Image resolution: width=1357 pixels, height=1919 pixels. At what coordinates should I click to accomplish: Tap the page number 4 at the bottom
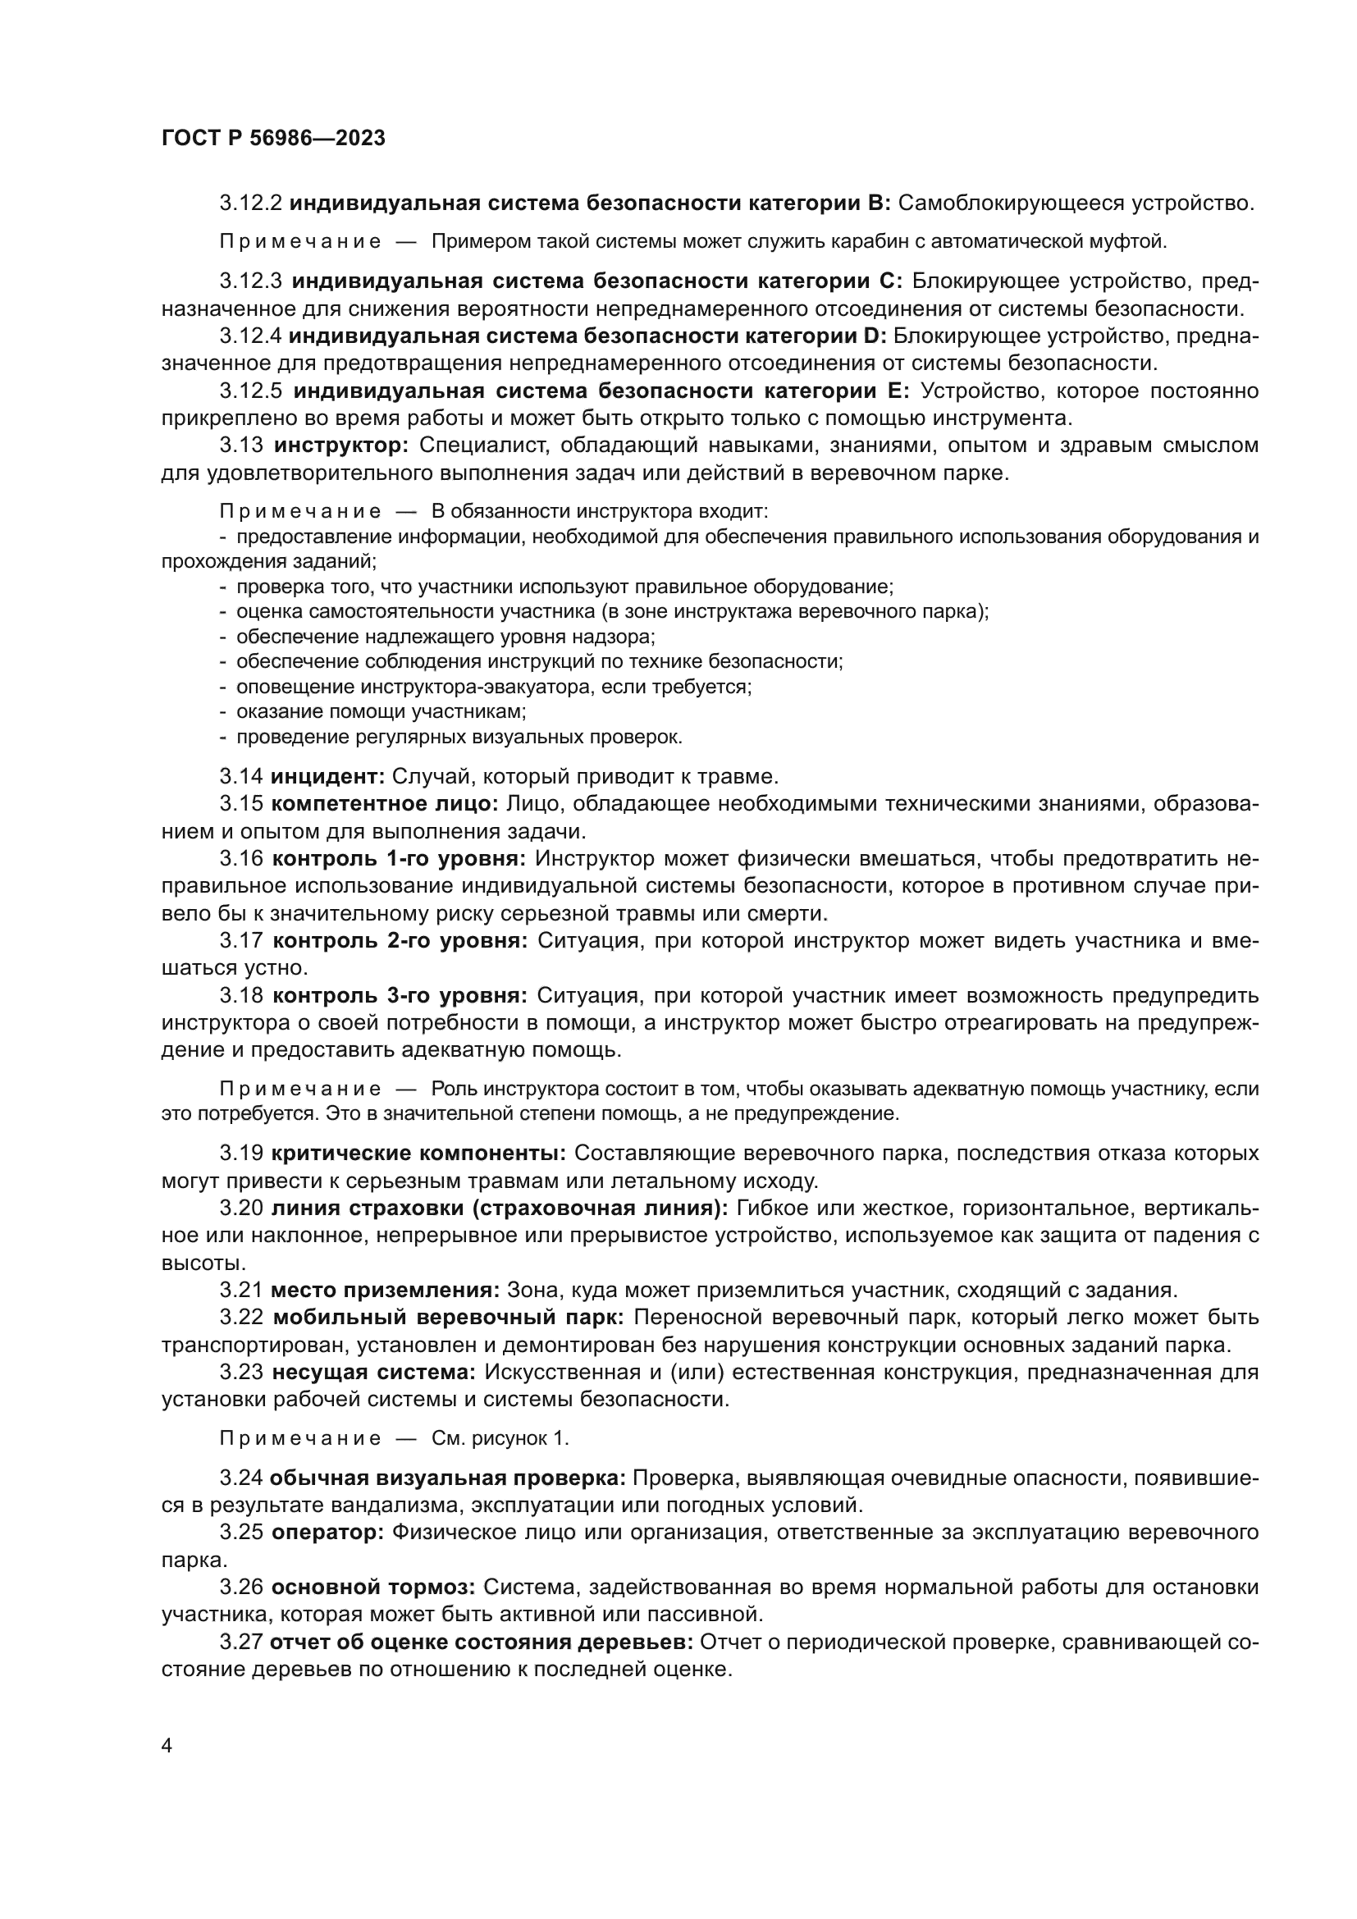pos(167,1746)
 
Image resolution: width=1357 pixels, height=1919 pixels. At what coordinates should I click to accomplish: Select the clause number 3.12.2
pos(251,203)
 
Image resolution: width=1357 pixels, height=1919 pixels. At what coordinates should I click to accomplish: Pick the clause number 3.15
pos(241,804)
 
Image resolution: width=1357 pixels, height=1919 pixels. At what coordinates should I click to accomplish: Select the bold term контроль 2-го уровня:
pos(400,941)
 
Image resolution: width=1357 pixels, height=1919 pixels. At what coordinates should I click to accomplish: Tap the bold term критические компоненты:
pos(418,1154)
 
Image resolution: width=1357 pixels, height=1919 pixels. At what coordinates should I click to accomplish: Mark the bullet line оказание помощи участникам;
pos(380,712)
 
